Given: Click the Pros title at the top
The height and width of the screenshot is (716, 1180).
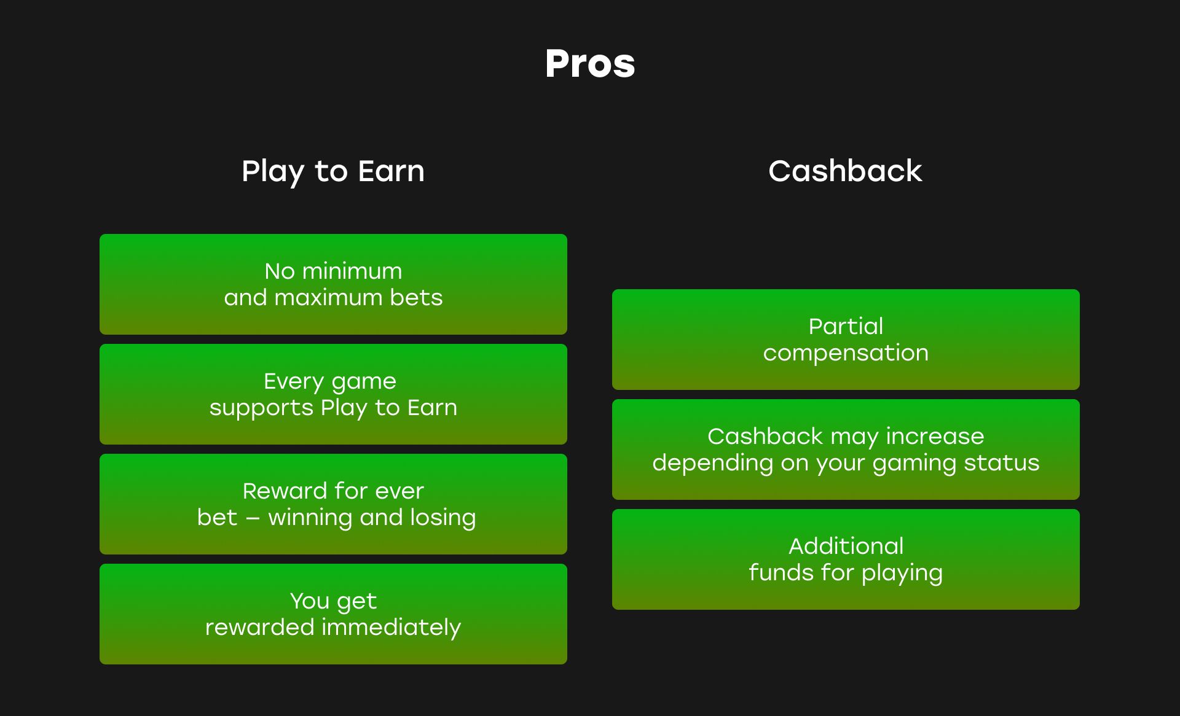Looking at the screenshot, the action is click(x=590, y=63).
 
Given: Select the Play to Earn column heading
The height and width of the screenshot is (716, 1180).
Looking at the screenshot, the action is click(x=333, y=171).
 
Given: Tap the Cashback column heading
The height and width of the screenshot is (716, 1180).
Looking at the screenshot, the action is click(x=845, y=171).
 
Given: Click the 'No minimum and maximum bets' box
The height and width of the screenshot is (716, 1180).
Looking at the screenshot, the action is click(x=333, y=284).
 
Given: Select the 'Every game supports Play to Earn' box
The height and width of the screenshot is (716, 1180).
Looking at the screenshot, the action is click(x=333, y=394).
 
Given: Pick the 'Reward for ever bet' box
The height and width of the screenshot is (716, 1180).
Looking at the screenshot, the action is click(x=333, y=504).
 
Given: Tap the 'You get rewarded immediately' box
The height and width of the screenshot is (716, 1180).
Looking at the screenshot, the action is click(x=333, y=614).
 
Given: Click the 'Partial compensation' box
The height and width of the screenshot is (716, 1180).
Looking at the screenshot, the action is click(x=846, y=340).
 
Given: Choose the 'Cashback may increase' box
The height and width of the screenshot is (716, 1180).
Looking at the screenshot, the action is click(x=846, y=449).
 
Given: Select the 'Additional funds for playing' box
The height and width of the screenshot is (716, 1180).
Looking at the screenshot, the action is click(x=846, y=559).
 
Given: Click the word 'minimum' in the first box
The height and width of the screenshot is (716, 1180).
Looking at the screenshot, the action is click(x=352, y=271).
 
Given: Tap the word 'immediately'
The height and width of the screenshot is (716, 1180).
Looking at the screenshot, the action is click(x=391, y=628).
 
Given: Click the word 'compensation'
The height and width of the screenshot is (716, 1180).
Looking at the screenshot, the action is click(x=846, y=354).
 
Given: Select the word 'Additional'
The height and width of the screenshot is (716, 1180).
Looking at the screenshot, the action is click(x=846, y=546).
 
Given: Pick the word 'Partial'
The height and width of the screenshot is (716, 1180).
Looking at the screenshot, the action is click(x=846, y=326).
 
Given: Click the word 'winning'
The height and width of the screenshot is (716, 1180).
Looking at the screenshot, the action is click(x=310, y=518).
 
